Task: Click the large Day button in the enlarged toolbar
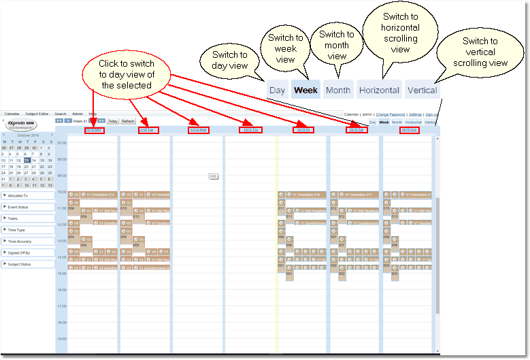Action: tap(277, 91)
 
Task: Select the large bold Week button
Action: tap(306, 91)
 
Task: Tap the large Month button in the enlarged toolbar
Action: tap(338, 91)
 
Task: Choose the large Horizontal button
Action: tap(379, 91)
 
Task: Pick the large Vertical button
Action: tap(422, 91)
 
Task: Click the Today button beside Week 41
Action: tap(112, 121)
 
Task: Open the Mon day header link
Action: tap(94, 130)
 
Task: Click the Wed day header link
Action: tap(197, 130)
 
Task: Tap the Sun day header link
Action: tap(409, 130)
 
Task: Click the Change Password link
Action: tap(391, 114)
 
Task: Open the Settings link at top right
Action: tap(414, 114)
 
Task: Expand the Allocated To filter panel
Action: tap(28, 195)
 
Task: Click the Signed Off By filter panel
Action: tap(28, 252)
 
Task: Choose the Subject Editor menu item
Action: tap(37, 114)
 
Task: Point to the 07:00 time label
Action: tap(61, 143)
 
